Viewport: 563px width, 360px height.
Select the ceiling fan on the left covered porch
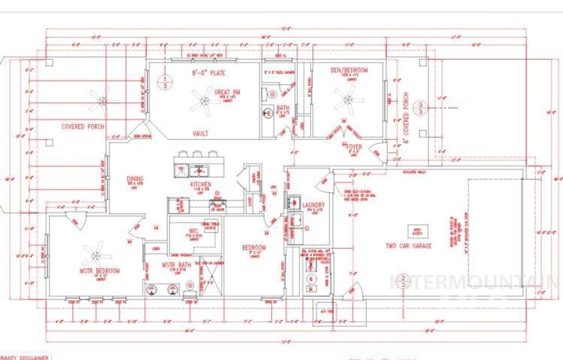pos(102,99)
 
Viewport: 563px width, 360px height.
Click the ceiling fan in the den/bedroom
pos(349,101)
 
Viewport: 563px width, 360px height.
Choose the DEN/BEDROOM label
pos(349,70)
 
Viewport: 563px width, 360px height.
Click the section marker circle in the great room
pos(163,82)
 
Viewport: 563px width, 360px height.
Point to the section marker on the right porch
pos(421,108)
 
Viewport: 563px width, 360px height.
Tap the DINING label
pos(135,179)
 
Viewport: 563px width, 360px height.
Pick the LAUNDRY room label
pos(313,205)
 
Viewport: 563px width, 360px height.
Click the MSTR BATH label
pos(175,265)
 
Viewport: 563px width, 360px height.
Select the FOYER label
pos(354,147)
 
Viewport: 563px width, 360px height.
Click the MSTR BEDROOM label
pos(100,271)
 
